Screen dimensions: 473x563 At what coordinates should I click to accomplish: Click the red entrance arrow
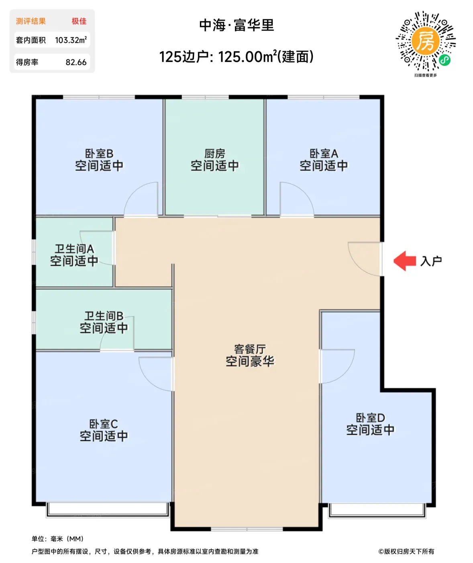(x=405, y=261)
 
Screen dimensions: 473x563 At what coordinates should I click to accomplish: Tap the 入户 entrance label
(x=431, y=261)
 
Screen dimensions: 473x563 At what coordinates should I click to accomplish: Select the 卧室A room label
(x=324, y=154)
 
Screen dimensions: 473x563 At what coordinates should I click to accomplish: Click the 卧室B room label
(x=99, y=154)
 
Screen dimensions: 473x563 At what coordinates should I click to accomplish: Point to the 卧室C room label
(x=104, y=424)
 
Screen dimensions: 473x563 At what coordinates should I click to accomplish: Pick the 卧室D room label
(x=371, y=418)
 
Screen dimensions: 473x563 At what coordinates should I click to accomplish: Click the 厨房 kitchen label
(x=214, y=154)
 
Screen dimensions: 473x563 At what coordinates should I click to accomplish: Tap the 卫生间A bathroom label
(x=75, y=249)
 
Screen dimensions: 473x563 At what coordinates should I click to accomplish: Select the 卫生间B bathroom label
(x=104, y=316)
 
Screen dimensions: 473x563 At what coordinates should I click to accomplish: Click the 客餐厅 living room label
(x=250, y=349)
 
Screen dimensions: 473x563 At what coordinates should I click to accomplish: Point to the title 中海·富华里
(x=236, y=25)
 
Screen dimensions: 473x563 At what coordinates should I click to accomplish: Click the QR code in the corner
(x=426, y=41)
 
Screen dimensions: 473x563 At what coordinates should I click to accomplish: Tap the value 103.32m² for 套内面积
(x=71, y=40)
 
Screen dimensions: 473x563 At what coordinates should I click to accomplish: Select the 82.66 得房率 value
(x=76, y=62)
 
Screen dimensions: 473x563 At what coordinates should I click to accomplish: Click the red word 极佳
(x=79, y=21)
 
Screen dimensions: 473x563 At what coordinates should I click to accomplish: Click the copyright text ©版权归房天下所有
(x=406, y=551)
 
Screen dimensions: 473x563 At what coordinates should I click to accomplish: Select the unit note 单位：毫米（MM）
(x=57, y=539)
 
